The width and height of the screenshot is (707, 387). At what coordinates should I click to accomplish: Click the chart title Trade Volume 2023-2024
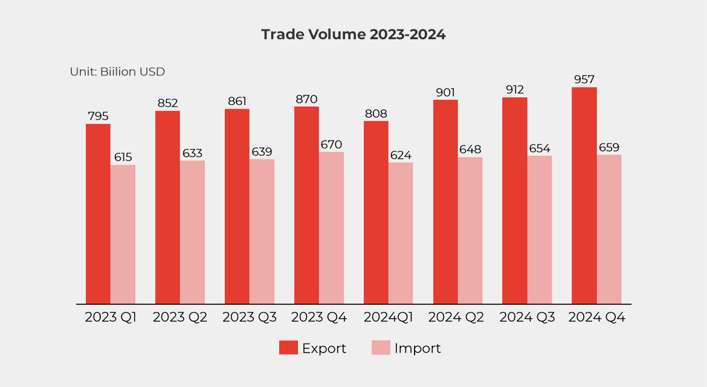click(x=353, y=34)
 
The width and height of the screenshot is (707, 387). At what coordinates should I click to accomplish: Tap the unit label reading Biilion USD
click(x=118, y=72)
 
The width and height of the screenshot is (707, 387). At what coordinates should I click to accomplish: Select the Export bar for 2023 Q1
click(x=98, y=214)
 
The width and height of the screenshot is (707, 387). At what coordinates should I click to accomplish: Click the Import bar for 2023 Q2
click(x=192, y=232)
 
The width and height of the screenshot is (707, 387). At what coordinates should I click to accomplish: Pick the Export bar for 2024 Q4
click(x=584, y=196)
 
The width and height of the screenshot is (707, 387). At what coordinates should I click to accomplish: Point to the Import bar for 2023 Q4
click(x=331, y=228)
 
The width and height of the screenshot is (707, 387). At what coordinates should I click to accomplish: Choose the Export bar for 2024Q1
click(x=376, y=213)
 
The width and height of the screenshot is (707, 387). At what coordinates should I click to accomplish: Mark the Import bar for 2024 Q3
click(x=540, y=229)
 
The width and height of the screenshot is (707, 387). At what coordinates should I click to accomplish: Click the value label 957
click(x=584, y=79)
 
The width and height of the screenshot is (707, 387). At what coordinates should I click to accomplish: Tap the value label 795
click(x=98, y=116)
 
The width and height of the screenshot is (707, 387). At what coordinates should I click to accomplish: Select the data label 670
click(x=331, y=144)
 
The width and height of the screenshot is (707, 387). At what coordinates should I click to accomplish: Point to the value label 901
click(x=445, y=92)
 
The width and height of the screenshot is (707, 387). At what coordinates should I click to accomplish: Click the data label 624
click(x=401, y=155)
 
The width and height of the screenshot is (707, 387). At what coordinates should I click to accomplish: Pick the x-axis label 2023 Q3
click(x=250, y=318)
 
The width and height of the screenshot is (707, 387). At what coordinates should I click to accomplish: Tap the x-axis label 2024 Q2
click(x=457, y=318)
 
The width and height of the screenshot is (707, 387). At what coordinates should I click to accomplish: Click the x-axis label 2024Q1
click(x=388, y=318)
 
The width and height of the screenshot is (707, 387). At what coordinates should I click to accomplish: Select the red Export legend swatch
click(x=288, y=348)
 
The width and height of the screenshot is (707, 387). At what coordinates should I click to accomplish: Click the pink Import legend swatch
click(x=381, y=348)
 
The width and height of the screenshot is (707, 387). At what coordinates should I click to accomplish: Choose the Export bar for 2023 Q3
click(x=237, y=206)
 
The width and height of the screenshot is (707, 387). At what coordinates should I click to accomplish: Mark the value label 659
click(x=609, y=147)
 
